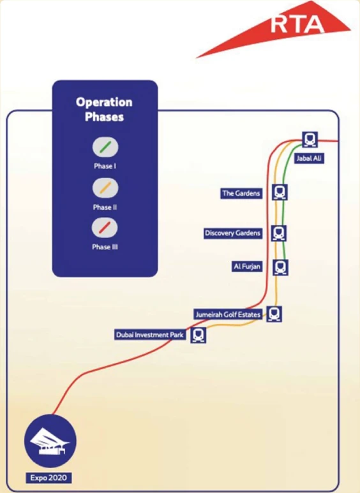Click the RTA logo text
pos(297,24)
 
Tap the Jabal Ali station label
pos(309,158)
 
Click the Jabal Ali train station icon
pos(310,139)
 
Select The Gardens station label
pos(241,193)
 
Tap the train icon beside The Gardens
pos(280,192)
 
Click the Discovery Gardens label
pos(233,233)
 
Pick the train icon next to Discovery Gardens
pos(279,233)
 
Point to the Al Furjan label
pos(247,267)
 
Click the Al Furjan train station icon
pos(280,268)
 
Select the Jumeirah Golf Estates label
pos(228,314)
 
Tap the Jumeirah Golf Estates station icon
pos(274,314)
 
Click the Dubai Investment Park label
pos(150,335)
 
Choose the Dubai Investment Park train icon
pos(199,335)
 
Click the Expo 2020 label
pos(49,478)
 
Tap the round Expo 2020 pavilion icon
pos(50,441)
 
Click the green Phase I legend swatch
pos(105,147)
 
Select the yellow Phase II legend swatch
pos(105,188)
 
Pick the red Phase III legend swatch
pos(105,228)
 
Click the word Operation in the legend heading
pos(104,103)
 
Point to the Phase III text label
pos(105,247)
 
